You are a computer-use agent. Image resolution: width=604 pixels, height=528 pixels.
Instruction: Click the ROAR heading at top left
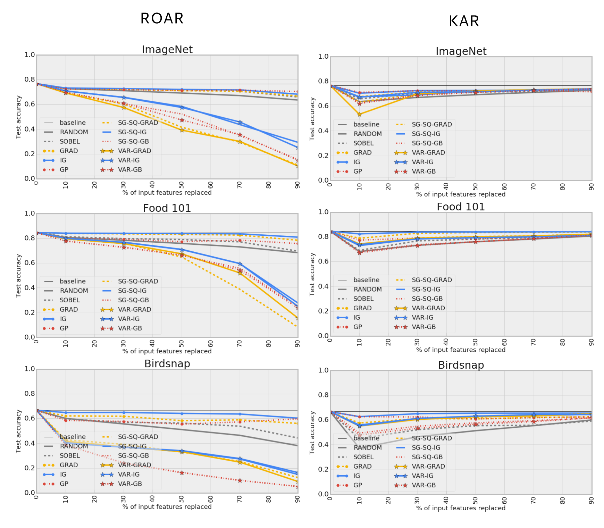click(162, 19)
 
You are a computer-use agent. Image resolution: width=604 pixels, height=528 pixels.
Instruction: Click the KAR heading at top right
click(464, 22)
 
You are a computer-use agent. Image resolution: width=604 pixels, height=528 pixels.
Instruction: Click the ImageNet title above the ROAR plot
click(167, 50)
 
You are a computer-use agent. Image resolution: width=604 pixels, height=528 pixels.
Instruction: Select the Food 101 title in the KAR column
click(461, 207)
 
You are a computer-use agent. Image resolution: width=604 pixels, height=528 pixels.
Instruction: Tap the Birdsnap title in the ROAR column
click(167, 364)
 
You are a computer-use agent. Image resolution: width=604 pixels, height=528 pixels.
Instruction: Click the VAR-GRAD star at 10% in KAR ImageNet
click(359, 115)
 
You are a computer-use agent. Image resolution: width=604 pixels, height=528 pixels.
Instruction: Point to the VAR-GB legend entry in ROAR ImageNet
click(130, 170)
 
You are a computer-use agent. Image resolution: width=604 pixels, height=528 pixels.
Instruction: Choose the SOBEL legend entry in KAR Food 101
click(363, 299)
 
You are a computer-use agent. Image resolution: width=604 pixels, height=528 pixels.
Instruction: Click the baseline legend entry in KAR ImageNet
click(366, 124)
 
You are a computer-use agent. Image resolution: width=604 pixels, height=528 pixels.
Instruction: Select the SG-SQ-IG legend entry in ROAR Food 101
click(132, 291)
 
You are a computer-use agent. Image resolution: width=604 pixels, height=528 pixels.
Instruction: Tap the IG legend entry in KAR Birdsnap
click(357, 476)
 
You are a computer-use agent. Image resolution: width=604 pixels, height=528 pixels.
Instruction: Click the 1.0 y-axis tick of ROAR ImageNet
click(30, 55)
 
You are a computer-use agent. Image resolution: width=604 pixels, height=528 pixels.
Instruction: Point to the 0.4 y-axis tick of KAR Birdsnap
click(323, 445)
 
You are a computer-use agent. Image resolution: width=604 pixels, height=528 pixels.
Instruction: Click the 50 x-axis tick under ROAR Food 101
click(182, 344)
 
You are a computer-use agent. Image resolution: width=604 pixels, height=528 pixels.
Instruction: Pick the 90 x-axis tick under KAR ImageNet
click(591, 187)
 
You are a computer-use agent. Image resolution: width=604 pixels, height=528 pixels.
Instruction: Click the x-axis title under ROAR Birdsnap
click(167, 507)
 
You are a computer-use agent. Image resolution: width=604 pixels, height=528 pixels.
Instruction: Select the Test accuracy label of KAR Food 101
click(312, 274)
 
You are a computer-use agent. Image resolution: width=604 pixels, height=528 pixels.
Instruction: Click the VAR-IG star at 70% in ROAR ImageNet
click(240, 123)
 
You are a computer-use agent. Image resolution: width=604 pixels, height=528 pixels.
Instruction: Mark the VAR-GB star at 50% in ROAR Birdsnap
click(182, 473)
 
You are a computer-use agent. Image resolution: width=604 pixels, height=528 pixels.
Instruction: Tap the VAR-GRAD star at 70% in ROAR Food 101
click(240, 273)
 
